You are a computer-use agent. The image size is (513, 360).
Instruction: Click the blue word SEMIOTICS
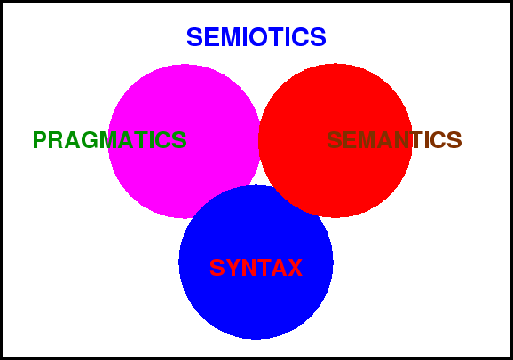click(x=256, y=37)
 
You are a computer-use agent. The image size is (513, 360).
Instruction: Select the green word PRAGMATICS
click(x=109, y=140)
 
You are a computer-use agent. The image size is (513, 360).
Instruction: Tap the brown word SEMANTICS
click(x=394, y=140)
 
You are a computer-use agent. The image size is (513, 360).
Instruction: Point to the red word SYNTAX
click(x=256, y=268)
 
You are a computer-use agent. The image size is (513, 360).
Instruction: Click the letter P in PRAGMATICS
click(x=40, y=140)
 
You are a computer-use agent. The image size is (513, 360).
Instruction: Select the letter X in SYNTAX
click(x=295, y=268)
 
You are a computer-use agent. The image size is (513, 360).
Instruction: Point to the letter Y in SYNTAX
click(x=233, y=268)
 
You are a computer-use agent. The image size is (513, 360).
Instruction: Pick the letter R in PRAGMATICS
click(x=56, y=140)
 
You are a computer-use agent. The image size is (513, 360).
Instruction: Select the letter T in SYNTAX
click(x=263, y=268)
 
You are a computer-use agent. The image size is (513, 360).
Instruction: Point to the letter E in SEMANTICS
click(x=349, y=140)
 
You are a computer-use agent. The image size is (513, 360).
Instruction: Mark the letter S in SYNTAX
click(x=217, y=268)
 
